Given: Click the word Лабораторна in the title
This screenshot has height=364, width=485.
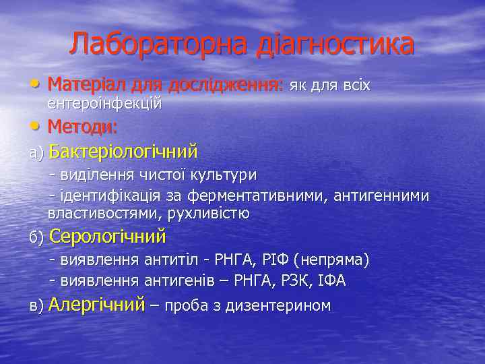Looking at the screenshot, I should [x=159, y=45].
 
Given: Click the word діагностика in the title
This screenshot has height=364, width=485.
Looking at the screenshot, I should [x=335, y=45].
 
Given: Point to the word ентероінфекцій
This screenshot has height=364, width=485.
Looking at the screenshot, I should [x=104, y=104].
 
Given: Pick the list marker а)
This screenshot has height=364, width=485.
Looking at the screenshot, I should [x=36, y=153].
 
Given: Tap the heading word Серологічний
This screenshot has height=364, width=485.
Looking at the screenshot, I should [x=108, y=237].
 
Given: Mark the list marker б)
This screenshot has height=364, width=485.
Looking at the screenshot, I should [x=36, y=239].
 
